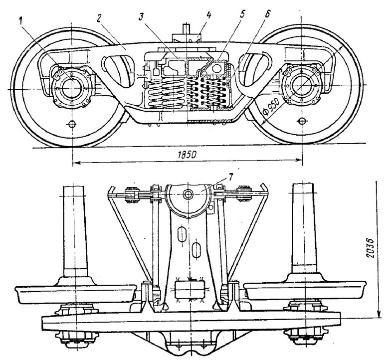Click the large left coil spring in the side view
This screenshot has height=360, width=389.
coord(163,92)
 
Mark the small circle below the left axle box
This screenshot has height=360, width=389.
coord(72,123)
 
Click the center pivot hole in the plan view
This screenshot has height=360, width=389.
coord(189,193)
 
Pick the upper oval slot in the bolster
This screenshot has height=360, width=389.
coord(183,233)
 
